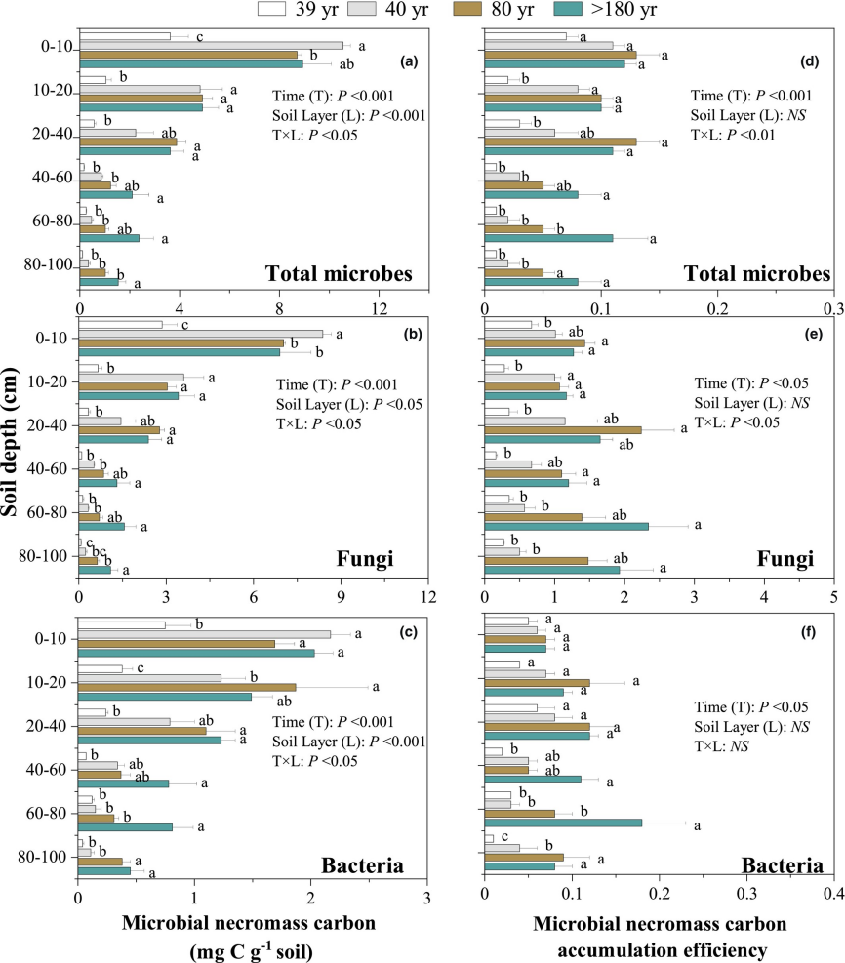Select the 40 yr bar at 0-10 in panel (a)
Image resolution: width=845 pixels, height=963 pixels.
[x=211, y=45]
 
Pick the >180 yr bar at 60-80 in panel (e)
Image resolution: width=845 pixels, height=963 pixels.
[x=567, y=527]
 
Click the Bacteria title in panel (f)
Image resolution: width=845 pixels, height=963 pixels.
[x=782, y=865]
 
